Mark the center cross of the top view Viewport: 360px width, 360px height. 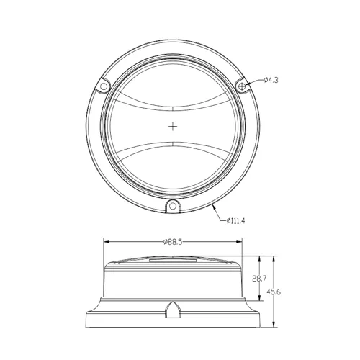173,127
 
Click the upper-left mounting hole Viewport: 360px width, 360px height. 104,86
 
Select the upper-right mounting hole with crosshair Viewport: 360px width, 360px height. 243,86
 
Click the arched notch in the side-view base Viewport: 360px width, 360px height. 173,310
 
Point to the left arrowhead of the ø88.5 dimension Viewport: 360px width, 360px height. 107,242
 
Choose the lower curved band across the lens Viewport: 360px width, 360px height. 173,152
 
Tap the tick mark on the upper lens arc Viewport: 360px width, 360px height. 173,108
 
